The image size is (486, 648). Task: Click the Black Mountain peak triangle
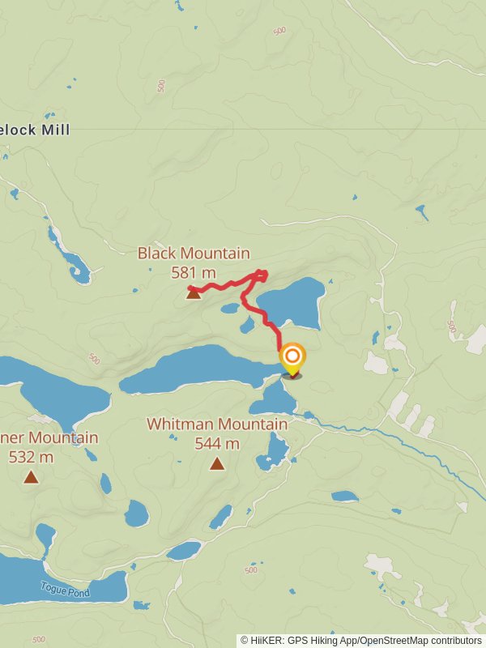click(x=194, y=293)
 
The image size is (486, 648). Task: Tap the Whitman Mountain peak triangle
click(x=217, y=463)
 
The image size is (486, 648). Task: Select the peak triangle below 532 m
click(x=31, y=476)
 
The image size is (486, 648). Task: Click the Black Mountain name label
click(x=194, y=254)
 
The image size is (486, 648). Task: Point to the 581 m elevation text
click(x=194, y=273)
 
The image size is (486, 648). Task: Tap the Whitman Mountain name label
click(x=216, y=424)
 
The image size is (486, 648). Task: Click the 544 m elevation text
click(x=217, y=443)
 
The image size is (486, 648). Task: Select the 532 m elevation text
click(x=31, y=457)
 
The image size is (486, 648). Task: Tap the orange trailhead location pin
click(x=292, y=357)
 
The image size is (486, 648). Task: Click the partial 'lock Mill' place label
click(x=36, y=130)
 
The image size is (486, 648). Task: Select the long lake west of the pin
click(x=194, y=369)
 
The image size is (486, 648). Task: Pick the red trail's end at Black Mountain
click(x=190, y=288)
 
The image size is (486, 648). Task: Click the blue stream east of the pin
click(x=389, y=437)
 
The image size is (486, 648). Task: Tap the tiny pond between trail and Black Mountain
click(x=230, y=308)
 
